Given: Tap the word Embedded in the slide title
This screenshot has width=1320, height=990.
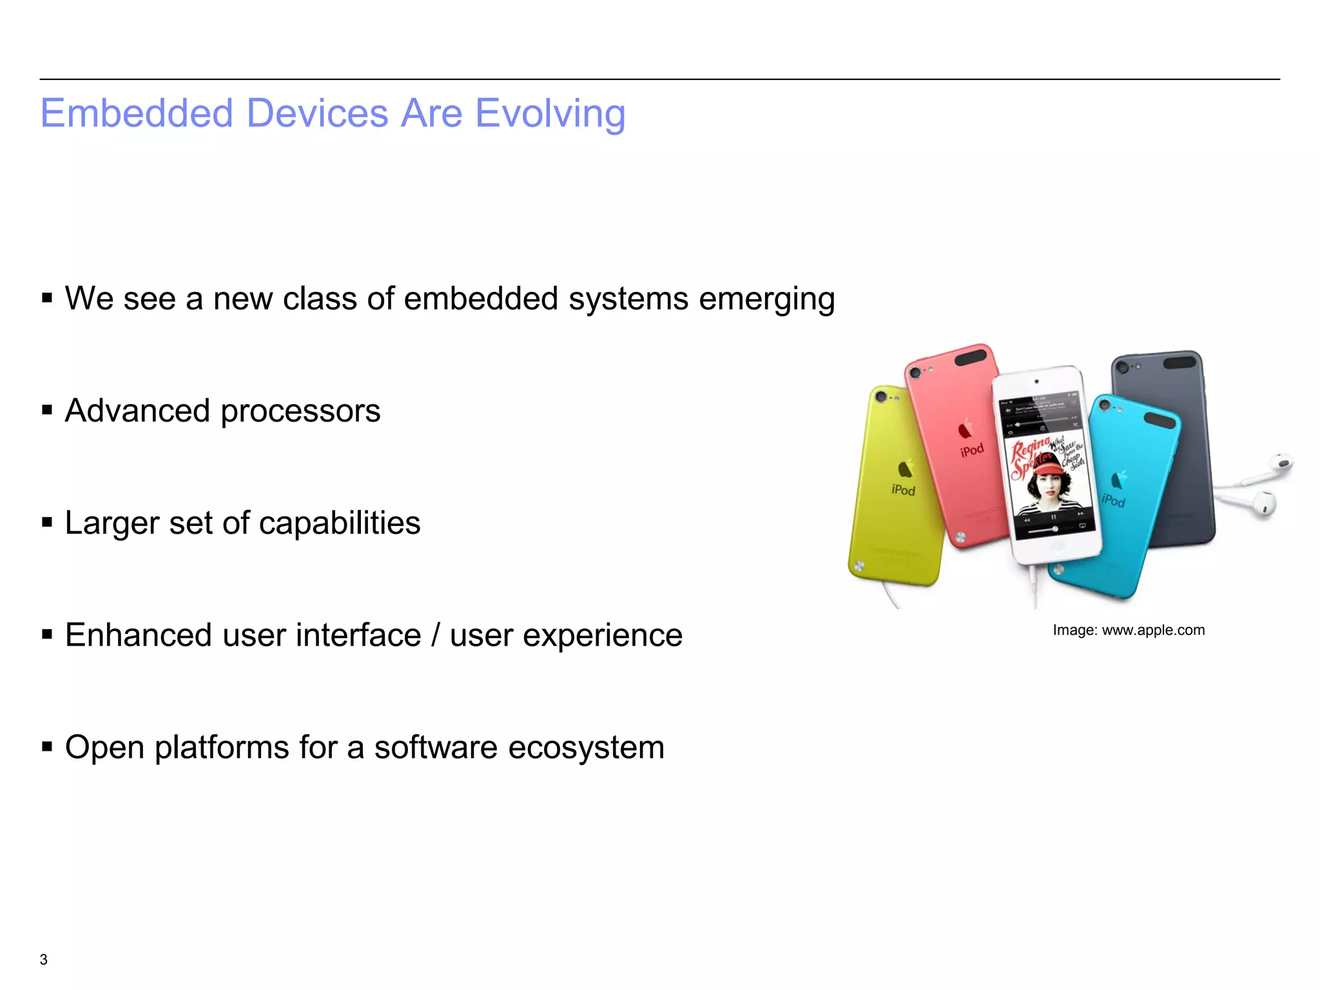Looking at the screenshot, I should coord(136,114).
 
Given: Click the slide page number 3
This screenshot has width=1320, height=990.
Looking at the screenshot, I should coord(43,959).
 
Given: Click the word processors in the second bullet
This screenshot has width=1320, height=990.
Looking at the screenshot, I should coord(300,412).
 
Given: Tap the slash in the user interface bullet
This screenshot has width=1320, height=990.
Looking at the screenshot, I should coord(436,635).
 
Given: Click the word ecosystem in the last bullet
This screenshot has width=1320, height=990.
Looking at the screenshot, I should coord(586,748).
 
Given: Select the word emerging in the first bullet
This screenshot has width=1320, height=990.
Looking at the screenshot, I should coord(766,300).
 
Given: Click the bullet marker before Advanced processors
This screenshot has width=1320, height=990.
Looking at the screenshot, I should coord(46,410).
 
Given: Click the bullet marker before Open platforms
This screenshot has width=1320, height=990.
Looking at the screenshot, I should coord(46,746).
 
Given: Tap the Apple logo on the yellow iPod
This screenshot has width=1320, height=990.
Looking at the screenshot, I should coord(906,469).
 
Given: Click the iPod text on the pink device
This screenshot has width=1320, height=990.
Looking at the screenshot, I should coord(971,449).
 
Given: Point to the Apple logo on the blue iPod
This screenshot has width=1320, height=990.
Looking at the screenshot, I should coord(1120,479).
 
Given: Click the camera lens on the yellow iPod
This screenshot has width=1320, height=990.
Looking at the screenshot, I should coord(881,396).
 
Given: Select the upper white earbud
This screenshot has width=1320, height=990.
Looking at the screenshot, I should coord(1279,463).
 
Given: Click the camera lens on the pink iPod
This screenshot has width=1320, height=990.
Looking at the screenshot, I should coord(914,373).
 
